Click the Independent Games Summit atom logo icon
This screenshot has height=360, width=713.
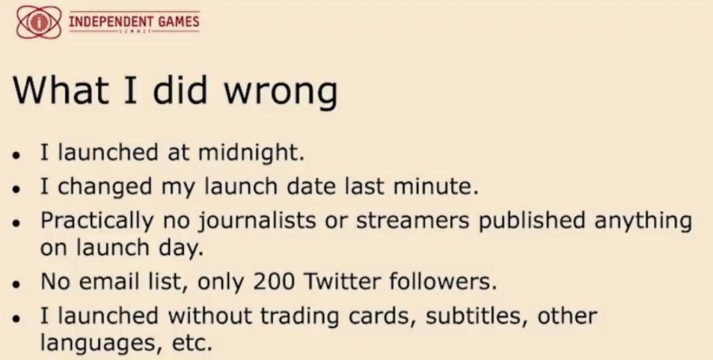click(x=39, y=22)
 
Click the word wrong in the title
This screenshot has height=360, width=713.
click(x=281, y=91)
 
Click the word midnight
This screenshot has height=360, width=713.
click(x=251, y=153)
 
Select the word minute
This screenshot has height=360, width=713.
click(x=436, y=187)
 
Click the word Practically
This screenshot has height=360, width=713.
click(x=97, y=221)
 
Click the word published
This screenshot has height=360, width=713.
click(x=528, y=221)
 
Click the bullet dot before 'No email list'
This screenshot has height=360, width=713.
click(x=17, y=284)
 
